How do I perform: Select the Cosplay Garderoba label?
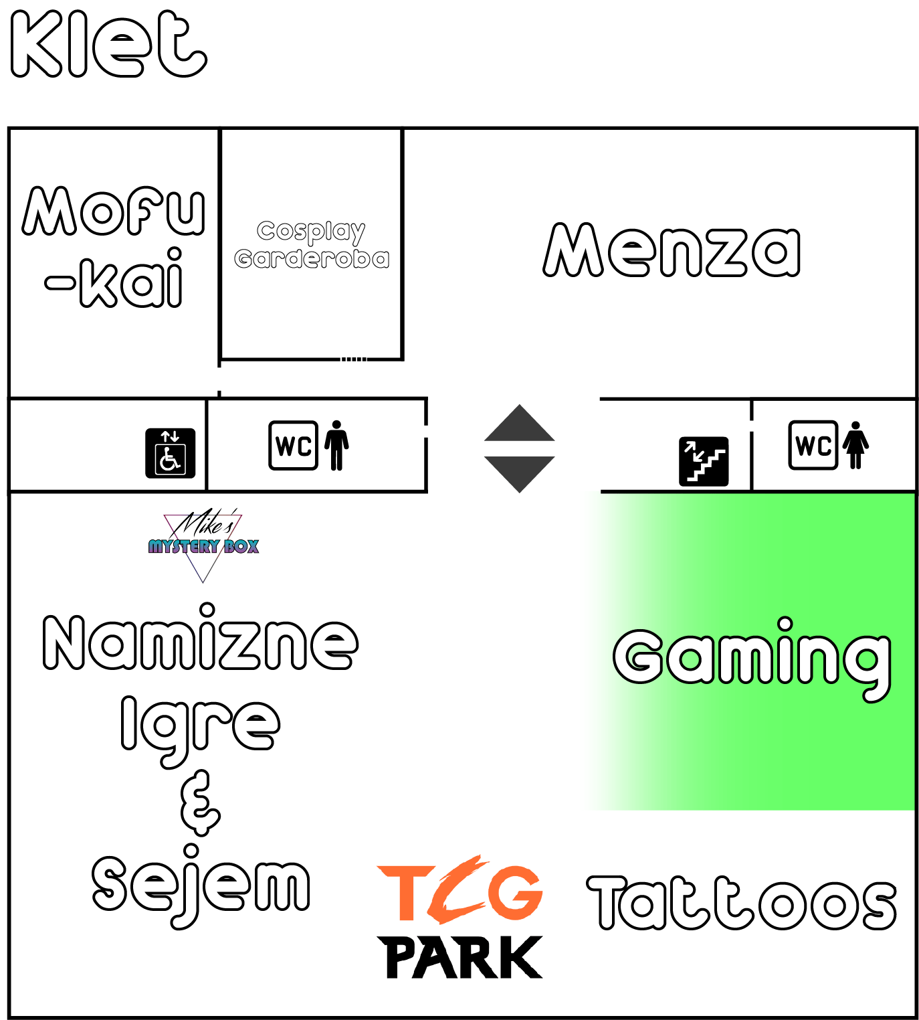(312, 244)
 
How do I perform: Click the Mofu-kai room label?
(114, 246)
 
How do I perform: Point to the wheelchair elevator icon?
(171, 453)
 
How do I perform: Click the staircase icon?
(704, 460)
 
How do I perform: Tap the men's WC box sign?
(293, 445)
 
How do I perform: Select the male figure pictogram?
(336, 445)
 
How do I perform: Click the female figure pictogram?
(855, 445)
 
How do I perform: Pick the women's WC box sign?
(813, 445)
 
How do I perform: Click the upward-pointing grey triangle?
(520, 424)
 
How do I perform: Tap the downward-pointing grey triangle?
(520, 473)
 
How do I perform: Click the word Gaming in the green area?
(752, 659)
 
